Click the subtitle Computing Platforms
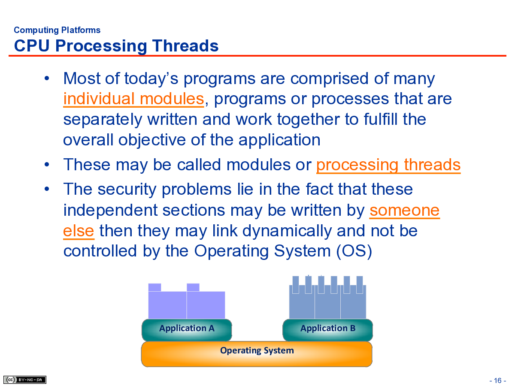tap(57, 30)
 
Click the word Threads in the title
tap(185, 46)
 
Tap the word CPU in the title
tap(32, 46)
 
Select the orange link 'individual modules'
tap(133, 99)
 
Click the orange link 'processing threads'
tap(388, 165)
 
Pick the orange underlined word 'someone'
tap(405, 210)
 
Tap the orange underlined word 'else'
tap(79, 231)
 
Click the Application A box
tap(187, 329)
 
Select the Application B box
tap(328, 329)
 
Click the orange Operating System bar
tap(257, 354)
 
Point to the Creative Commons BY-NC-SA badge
tap(25, 380)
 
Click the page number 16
tap(498, 380)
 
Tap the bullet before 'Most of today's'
tap(47, 78)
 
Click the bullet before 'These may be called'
tap(47, 165)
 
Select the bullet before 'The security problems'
tap(47, 189)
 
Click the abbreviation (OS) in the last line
tap(354, 251)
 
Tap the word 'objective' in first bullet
tap(152, 140)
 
